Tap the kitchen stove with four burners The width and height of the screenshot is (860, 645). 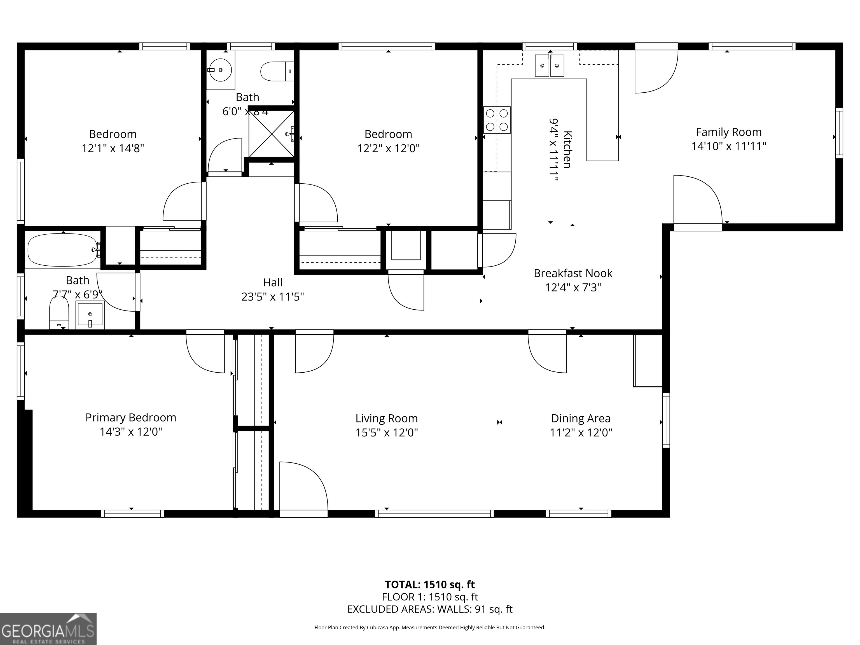click(496, 120)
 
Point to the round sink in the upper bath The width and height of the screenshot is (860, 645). click(220, 70)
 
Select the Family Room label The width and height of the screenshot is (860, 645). click(728, 132)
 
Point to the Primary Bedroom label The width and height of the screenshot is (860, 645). click(131, 418)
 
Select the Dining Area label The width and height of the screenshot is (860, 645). click(580, 419)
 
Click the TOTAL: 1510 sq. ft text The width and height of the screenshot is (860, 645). click(430, 584)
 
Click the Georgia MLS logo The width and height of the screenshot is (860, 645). click(48, 629)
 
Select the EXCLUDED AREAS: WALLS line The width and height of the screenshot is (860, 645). click(430, 609)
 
